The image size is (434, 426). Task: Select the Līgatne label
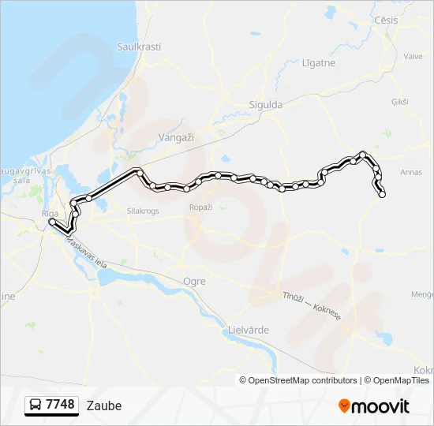pyautogui.click(x=318, y=62)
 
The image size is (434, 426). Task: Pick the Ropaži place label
pyautogui.click(x=200, y=207)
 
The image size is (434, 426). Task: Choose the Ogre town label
pyautogui.click(x=193, y=281)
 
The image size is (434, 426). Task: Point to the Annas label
pyautogui.click(x=411, y=172)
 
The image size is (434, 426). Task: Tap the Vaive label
pyautogui.click(x=413, y=56)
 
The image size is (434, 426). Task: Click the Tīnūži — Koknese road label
pyautogui.click(x=311, y=305)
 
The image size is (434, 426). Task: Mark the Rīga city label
pyautogui.click(x=49, y=213)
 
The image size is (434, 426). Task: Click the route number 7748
pyautogui.click(x=60, y=405)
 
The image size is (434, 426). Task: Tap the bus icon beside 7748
pyautogui.click(x=36, y=405)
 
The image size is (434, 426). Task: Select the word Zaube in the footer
pyautogui.click(x=106, y=405)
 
